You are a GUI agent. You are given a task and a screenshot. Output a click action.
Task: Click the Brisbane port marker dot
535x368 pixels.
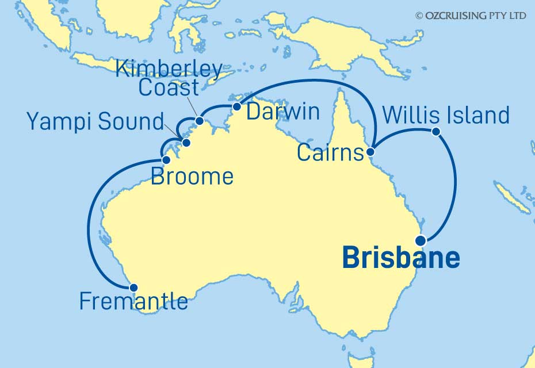[421, 240]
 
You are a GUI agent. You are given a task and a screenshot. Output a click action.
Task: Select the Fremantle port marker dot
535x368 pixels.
[133, 288]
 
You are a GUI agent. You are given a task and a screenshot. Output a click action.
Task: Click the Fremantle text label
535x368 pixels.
[133, 301]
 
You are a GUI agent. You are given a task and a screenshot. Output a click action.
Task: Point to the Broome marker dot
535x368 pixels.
[166, 160]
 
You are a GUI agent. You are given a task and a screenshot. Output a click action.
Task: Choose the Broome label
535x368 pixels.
[192, 176]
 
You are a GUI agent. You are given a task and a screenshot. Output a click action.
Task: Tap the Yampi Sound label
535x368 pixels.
[95, 121]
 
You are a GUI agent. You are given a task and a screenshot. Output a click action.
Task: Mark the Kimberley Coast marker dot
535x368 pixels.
[200, 121]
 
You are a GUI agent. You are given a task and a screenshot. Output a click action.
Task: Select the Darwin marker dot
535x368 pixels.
[236, 106]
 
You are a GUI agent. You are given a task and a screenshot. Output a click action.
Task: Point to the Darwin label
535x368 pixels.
[282, 112]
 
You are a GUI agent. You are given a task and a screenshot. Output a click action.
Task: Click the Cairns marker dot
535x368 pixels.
[371, 152]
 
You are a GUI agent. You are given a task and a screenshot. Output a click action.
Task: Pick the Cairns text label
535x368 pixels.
[330, 154]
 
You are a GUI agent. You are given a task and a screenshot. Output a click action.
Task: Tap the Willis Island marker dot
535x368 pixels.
[435, 132]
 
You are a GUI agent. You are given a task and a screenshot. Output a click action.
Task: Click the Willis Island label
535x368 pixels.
[445, 115]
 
